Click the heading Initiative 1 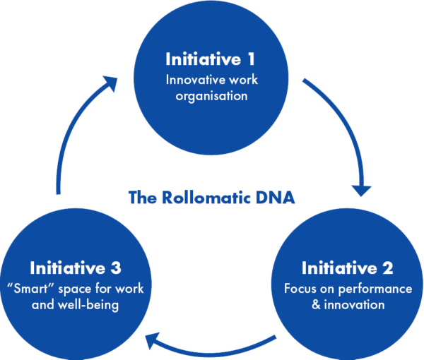(x=211, y=58)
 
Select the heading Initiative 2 (x=347, y=269)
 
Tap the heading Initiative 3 (x=76, y=269)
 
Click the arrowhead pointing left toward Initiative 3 (x=151, y=343)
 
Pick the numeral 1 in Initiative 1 (x=252, y=58)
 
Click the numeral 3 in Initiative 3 (x=117, y=269)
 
